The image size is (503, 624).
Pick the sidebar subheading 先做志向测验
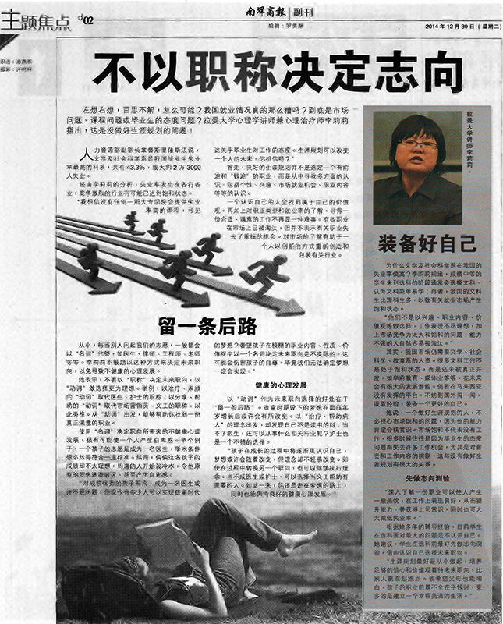coord(427,475)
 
